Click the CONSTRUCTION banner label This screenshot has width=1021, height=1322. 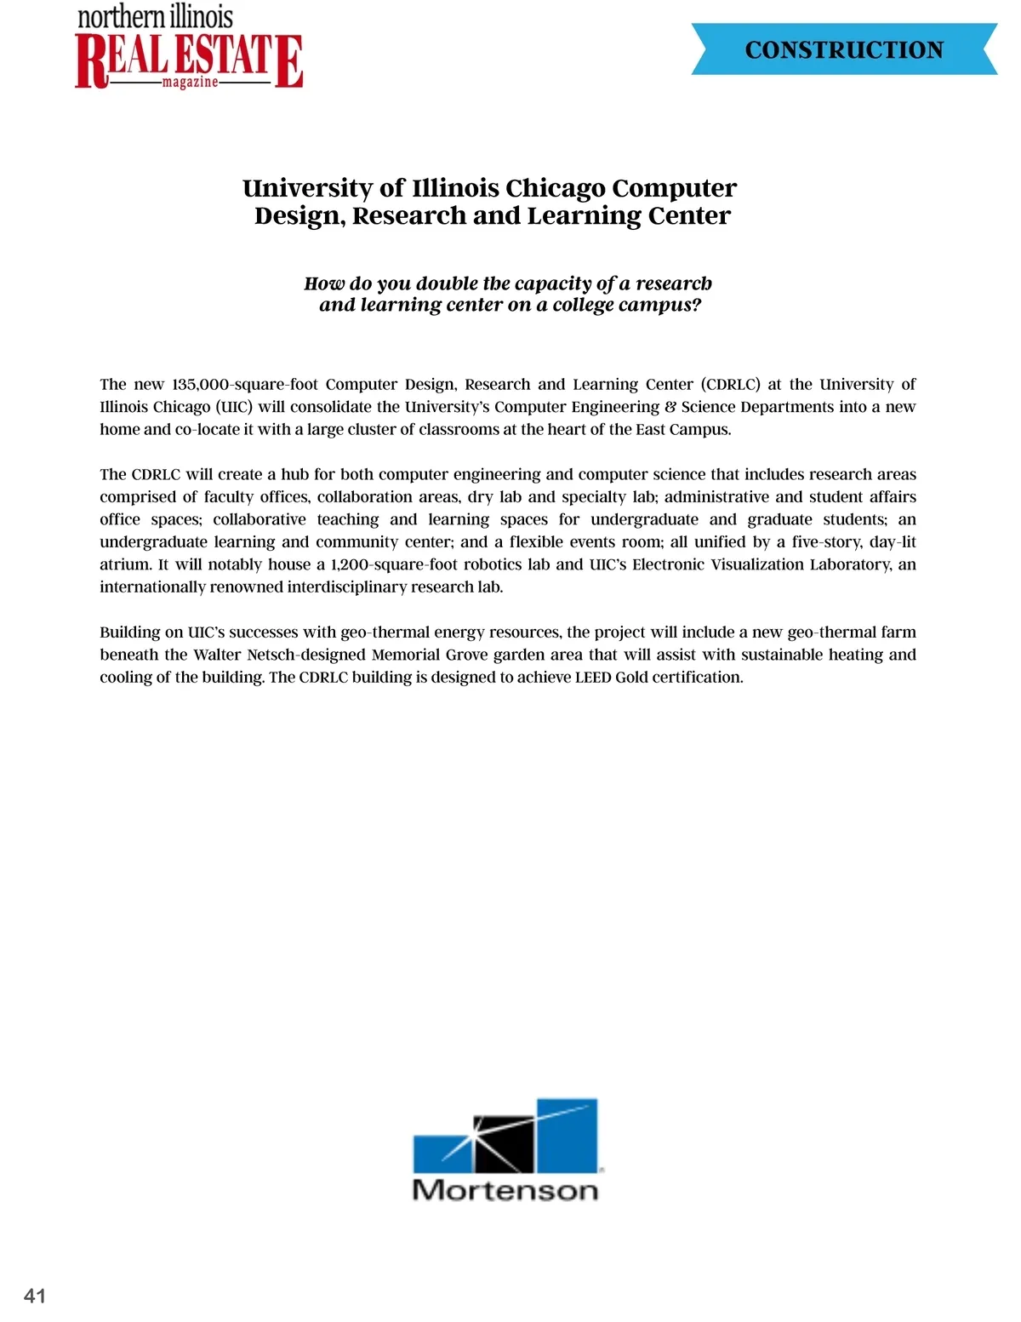844,49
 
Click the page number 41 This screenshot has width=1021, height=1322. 35,1296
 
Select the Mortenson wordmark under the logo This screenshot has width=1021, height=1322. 505,1189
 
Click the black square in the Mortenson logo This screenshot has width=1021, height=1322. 505,1143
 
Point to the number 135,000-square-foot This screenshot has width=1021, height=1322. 245,384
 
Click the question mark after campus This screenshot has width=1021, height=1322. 697,306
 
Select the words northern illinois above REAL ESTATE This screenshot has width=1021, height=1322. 155,17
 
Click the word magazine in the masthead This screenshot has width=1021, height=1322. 190,83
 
